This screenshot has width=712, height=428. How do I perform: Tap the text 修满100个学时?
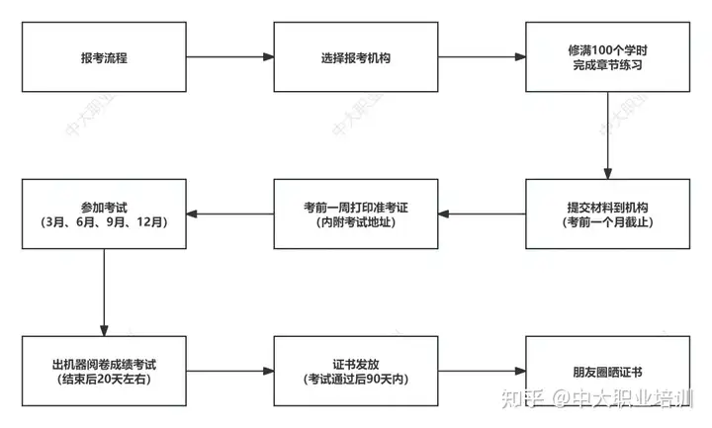pyautogui.click(x=607, y=50)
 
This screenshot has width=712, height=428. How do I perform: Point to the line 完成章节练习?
pyautogui.click(x=607, y=65)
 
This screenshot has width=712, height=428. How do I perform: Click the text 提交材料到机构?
pyautogui.click(x=607, y=208)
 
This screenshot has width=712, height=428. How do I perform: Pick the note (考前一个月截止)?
pyautogui.click(x=607, y=222)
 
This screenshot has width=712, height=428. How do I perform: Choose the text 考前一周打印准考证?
pyautogui.click(x=356, y=208)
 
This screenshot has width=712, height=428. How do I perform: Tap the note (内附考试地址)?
pyautogui.click(x=356, y=222)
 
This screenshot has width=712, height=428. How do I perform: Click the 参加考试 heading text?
pyautogui.click(x=104, y=208)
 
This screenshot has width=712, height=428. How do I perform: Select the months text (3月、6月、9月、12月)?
pyautogui.click(x=104, y=222)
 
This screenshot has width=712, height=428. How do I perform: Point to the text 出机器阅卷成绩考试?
pyautogui.click(x=104, y=365)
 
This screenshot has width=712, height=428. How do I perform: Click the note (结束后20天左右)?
pyautogui.click(x=104, y=379)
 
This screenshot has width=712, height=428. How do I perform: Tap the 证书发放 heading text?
pyautogui.click(x=356, y=365)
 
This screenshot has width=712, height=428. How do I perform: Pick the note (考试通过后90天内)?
pyautogui.click(x=356, y=379)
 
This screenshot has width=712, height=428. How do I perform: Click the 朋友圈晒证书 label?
pyautogui.click(x=607, y=373)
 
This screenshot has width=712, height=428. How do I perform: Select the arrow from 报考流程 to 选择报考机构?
pyautogui.click(x=230, y=56)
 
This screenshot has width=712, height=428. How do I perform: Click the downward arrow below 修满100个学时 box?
pyautogui.click(x=607, y=135)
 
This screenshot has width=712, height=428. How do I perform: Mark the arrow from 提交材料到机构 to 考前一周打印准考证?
pyautogui.click(x=482, y=214)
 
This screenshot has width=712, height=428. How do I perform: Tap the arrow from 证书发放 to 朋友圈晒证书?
pyautogui.click(x=482, y=371)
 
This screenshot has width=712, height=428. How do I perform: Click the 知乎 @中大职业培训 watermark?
pyautogui.click(x=597, y=398)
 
